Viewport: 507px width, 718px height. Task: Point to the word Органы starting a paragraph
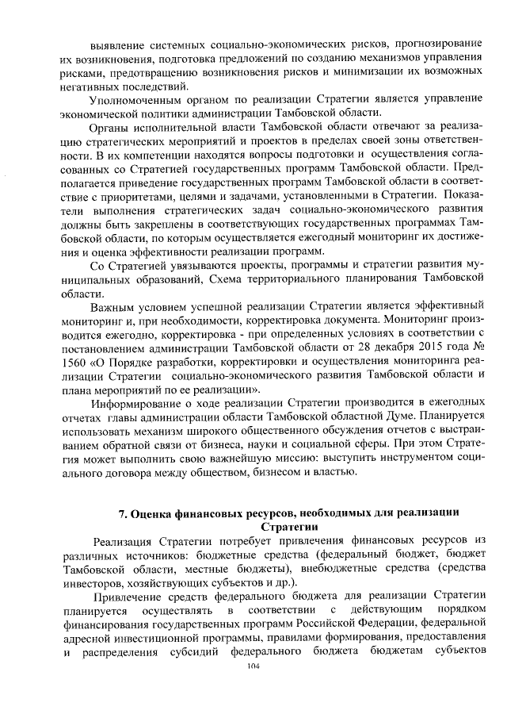pyautogui.click(x=112, y=127)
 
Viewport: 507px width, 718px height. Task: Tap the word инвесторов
pyautogui.click(x=93, y=582)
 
